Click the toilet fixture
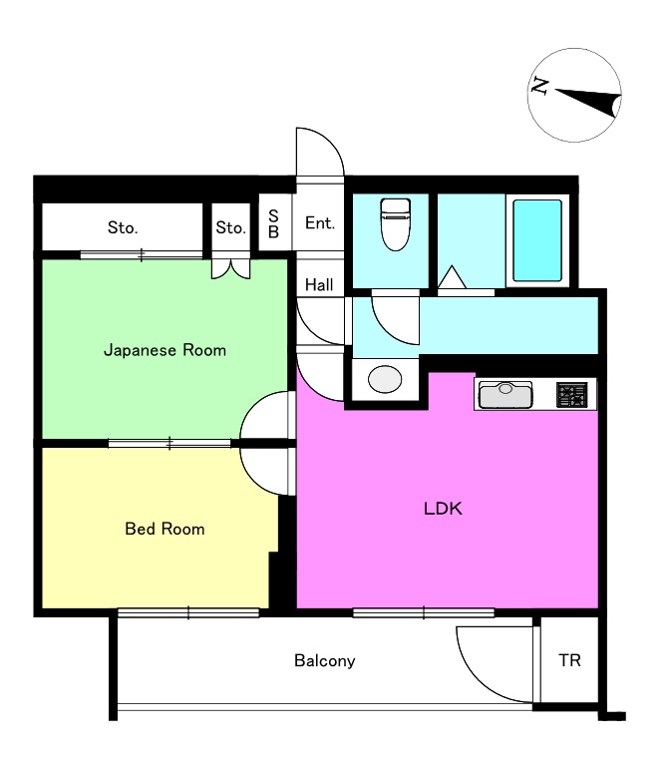coord(395,224)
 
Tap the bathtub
coord(537,240)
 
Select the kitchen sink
coord(505,395)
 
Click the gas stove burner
coord(571,395)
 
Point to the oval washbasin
coord(385,379)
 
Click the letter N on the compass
coord(539,86)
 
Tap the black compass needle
coord(588,102)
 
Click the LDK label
coord(443,509)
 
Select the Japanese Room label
coord(165,350)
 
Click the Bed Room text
coord(165,529)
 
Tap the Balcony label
coord(325,660)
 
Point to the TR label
coord(569,660)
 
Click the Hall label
coord(319,284)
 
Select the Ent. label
coord(320,223)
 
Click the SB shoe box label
coord(273,224)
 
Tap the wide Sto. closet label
coord(123,227)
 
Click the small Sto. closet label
coord(230,227)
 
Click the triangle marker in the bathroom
coord(452,277)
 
